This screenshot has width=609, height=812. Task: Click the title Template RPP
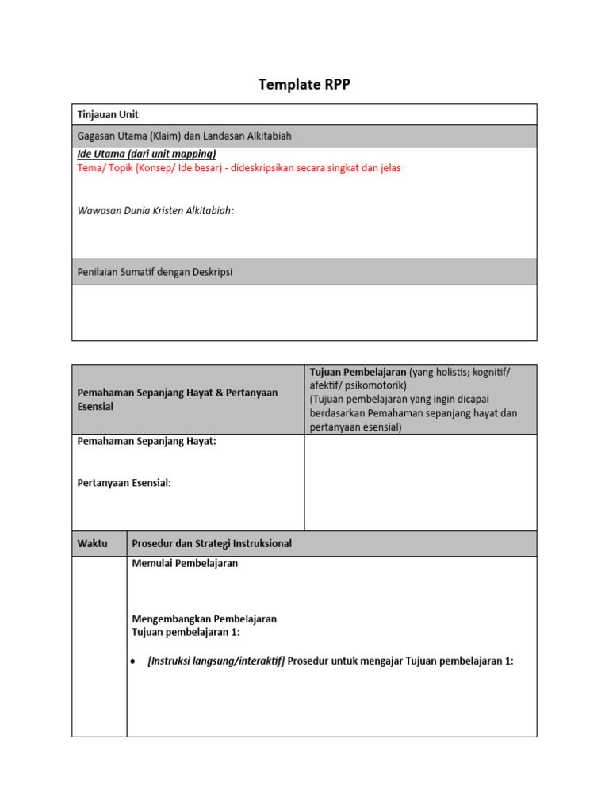304,86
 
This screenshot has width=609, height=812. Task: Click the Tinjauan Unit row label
108,115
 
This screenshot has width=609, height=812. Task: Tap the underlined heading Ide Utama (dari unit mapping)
147,154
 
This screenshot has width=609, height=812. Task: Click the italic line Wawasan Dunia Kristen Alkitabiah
155,210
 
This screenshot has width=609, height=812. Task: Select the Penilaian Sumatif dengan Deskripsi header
155,272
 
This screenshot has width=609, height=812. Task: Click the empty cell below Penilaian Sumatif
304,312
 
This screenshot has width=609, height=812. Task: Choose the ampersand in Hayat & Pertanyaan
209,393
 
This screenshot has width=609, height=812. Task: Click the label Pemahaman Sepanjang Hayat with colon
147,442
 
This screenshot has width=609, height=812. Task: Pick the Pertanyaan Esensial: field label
124,483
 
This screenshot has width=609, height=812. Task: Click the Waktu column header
92,544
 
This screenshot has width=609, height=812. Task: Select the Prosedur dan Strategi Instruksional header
212,544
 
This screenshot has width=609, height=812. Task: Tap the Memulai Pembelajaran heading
185,564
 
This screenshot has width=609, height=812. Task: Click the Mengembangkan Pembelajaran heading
205,619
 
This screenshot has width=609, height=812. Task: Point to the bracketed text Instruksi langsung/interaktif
216,661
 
